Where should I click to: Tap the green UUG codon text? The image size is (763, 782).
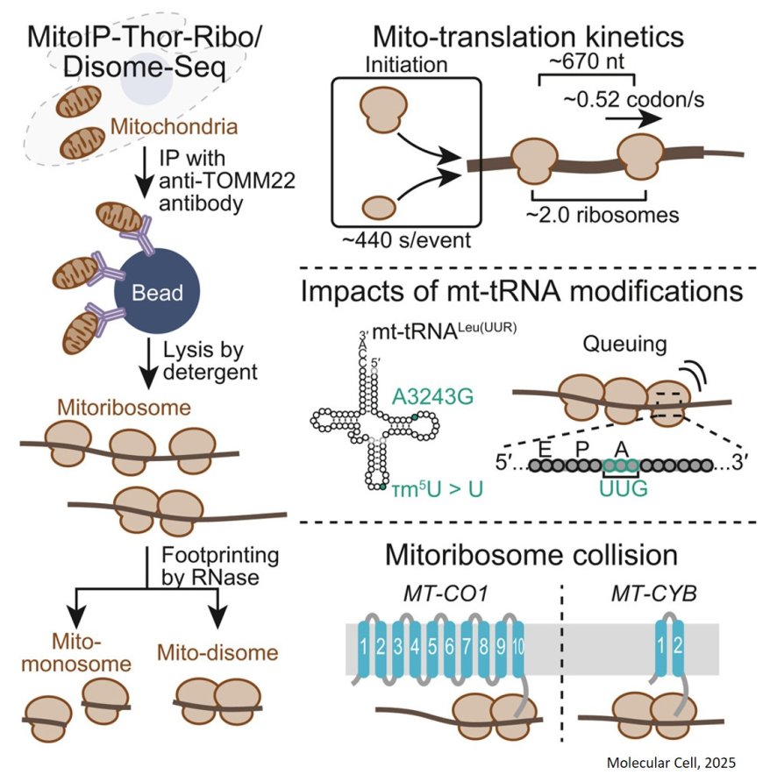pos(623,488)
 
